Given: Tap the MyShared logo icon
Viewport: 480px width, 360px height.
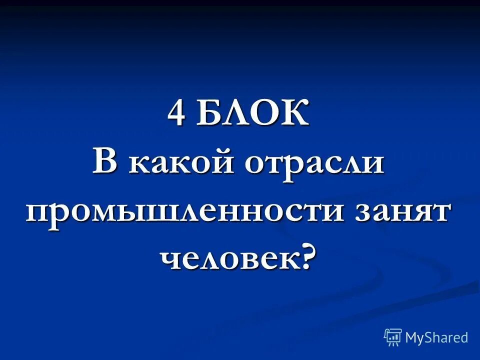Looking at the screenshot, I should click(x=393, y=337).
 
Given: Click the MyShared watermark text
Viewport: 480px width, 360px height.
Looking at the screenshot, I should click(x=436, y=337).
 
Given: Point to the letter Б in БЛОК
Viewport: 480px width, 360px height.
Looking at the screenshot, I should click(x=208, y=114).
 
